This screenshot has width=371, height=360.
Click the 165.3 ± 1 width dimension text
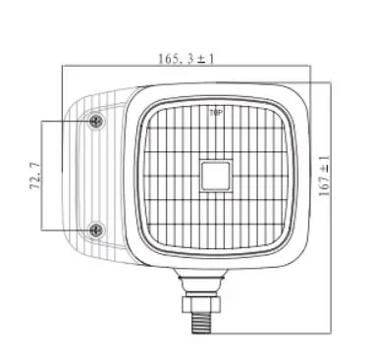tap(185, 59)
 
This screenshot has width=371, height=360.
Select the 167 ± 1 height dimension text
tap(324, 176)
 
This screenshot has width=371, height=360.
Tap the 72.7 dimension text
tap(34, 176)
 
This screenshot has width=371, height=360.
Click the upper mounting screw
tap(96, 122)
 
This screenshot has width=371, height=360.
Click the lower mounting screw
tap(96, 231)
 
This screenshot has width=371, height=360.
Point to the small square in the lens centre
tap(215, 176)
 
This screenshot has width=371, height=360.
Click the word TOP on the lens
tap(216, 113)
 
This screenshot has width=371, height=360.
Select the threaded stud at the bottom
tap(201, 323)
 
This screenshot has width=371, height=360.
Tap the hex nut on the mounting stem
tap(201, 304)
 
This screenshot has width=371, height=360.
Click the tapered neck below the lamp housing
tap(201, 282)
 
